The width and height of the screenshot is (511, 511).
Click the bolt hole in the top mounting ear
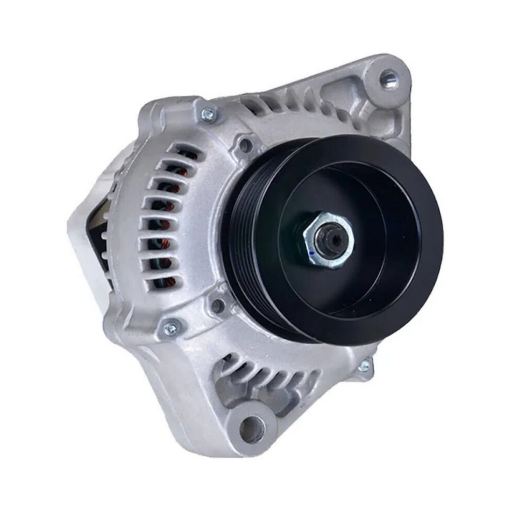pyautogui.click(x=388, y=79)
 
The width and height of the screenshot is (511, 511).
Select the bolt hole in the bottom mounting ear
pyautogui.click(x=252, y=429)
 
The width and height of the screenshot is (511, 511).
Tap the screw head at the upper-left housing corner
pyautogui.click(x=208, y=114)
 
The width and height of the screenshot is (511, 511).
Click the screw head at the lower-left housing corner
pyautogui.click(x=171, y=329)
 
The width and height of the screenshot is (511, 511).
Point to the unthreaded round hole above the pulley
pyautogui.click(x=245, y=144)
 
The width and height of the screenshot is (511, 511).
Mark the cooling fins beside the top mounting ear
pyautogui.click(x=301, y=105)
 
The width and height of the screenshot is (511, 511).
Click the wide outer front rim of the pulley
pyautogui.click(x=425, y=269)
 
